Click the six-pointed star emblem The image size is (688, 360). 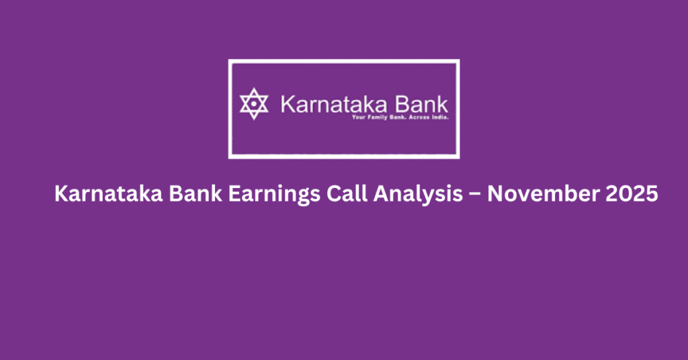click(x=254, y=104)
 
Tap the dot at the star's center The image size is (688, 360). click(x=254, y=104)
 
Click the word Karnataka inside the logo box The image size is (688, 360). click(x=329, y=105)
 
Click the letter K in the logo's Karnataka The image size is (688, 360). click(x=286, y=105)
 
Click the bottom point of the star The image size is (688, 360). click(x=254, y=119)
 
